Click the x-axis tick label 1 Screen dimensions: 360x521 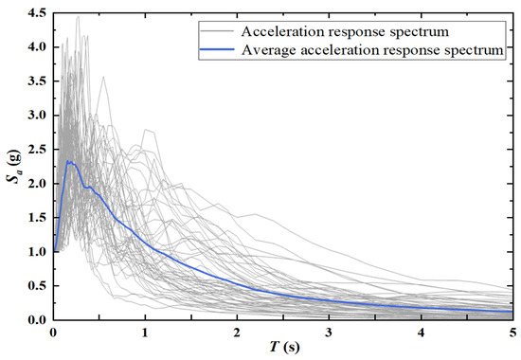pyautogui.click(x=145, y=333)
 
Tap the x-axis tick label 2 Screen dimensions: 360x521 pyautogui.click(x=237, y=333)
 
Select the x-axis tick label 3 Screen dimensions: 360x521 pyautogui.click(x=329, y=333)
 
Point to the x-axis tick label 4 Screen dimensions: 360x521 pyautogui.click(x=421, y=333)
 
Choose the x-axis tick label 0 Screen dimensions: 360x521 pyautogui.click(x=53, y=333)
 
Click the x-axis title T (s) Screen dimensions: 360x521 pyautogui.click(x=282, y=349)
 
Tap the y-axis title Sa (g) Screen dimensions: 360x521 pyautogui.click(x=11, y=166)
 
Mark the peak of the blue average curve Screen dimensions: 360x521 pyautogui.click(x=69, y=162)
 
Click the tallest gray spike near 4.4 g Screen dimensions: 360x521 pyautogui.click(x=77, y=17)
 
